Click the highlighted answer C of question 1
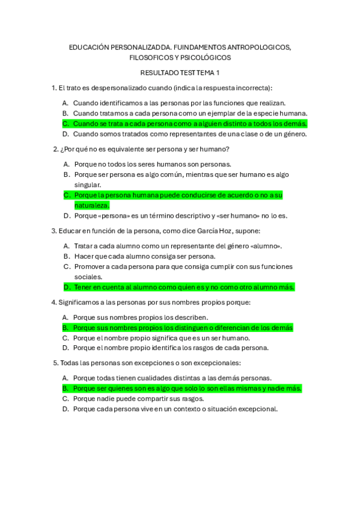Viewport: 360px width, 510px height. click(190, 123)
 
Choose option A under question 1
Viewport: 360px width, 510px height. click(179, 103)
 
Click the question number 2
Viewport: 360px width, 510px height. click(55, 149)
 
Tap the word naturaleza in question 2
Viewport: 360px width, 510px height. click(91, 205)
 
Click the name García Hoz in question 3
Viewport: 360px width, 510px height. click(206, 230)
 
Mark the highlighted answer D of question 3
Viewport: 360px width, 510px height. click(184, 287)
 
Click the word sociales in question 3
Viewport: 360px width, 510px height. click(88, 277)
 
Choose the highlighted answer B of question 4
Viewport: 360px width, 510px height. click(183, 328)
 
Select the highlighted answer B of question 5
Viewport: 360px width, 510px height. click(187, 389)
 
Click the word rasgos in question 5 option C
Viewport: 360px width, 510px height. click(192, 398)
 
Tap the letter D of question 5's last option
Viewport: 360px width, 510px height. click(65, 409)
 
